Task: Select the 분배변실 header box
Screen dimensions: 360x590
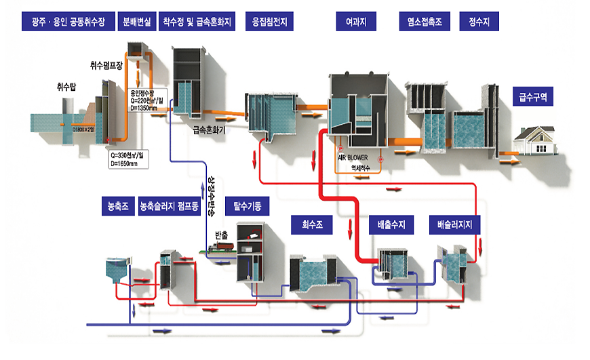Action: coord(136,21)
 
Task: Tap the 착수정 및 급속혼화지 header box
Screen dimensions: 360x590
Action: coord(197,21)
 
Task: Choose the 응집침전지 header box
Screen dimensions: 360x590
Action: coord(269,21)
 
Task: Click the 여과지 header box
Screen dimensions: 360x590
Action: coord(356,21)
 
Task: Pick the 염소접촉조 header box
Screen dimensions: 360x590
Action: coord(424,21)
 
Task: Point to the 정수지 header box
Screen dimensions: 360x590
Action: coord(479,21)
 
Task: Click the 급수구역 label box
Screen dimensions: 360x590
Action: coord(533,98)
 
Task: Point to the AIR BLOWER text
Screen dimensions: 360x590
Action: coord(353,157)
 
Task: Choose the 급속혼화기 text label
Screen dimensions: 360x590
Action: coord(209,130)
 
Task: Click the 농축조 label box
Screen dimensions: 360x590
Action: coord(117,204)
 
